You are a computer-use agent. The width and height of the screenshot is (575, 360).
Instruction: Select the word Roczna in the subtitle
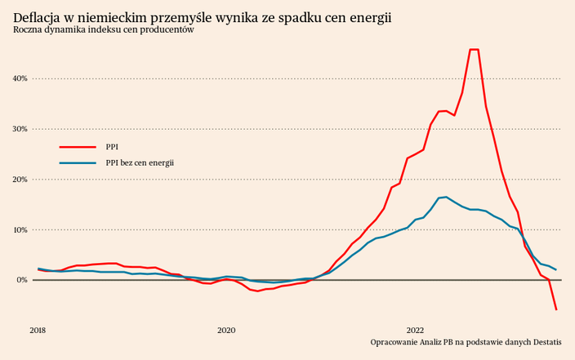(28, 30)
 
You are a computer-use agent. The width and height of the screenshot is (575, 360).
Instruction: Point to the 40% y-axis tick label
(20, 78)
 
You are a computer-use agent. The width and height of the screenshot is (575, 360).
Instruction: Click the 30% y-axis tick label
(20, 129)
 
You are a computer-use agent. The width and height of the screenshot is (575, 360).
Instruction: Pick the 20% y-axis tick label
(20, 180)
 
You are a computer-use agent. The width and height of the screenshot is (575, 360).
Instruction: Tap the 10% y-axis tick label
(20, 229)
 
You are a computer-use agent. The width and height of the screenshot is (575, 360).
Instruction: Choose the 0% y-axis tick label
(22, 280)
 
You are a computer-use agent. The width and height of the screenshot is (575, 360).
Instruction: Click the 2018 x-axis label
(38, 330)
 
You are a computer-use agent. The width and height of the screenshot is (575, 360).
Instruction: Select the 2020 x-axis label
(226, 330)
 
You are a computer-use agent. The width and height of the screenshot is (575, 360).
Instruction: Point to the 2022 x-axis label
(415, 330)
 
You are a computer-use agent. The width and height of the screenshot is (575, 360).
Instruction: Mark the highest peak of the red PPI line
(474, 50)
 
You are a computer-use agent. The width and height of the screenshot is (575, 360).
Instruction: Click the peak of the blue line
(446, 197)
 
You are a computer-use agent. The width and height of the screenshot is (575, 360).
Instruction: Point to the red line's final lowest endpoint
(556, 309)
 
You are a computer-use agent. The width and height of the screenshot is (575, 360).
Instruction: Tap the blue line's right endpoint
(556, 269)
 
